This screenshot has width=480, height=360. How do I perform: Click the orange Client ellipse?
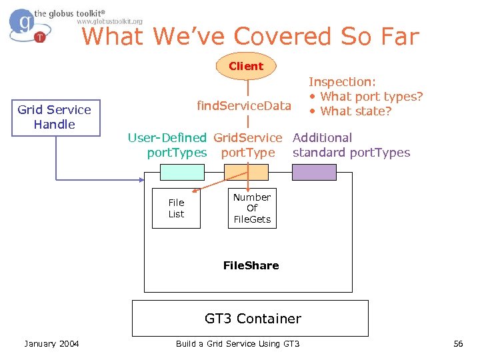coord(246,66)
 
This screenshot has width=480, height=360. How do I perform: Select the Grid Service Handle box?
coord(55,117)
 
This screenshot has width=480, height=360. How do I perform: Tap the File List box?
coord(176,209)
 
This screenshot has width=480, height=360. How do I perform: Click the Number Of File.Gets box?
coord(252,208)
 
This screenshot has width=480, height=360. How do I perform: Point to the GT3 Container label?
coord(253,319)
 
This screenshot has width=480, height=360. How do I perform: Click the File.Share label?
coord(251,265)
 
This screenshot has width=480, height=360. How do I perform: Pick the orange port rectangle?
coord(246,173)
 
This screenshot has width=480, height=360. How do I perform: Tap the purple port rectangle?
coord(315,173)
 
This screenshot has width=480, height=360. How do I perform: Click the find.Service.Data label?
coord(244,106)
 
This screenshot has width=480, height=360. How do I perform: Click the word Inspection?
coord(342,82)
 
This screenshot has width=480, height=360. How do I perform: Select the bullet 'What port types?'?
coord(366,97)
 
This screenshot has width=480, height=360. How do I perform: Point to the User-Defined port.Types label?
coord(168,145)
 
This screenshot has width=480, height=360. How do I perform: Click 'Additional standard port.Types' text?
coord(351,145)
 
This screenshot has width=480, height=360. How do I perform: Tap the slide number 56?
coord(457,344)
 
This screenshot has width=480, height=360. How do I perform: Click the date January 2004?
coord(51,344)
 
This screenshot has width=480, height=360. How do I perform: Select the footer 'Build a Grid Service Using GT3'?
coord(237,344)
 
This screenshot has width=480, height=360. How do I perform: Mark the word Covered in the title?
coord(286,37)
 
